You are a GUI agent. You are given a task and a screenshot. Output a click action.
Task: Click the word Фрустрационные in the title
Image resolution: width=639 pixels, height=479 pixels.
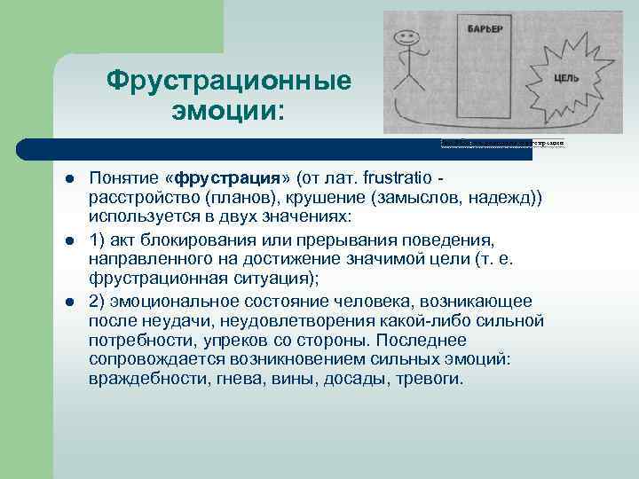click(x=229, y=82)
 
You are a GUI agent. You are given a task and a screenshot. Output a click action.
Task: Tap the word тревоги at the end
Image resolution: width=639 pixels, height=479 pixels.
click(x=433, y=378)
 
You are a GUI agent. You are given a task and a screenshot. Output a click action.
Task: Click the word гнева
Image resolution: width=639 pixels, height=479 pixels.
click(x=235, y=378)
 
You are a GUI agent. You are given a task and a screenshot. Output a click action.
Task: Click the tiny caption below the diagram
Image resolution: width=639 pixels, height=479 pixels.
click(x=502, y=143)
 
